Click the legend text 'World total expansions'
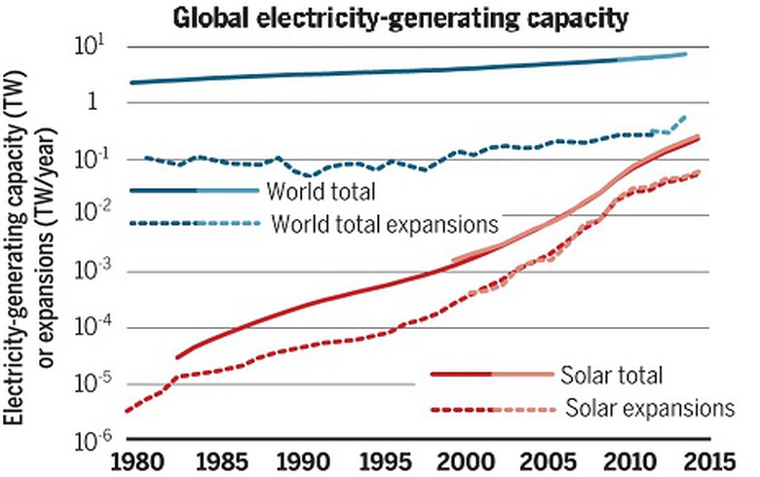(x=385, y=224)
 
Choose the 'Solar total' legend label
(x=611, y=375)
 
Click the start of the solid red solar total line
(x=178, y=357)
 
